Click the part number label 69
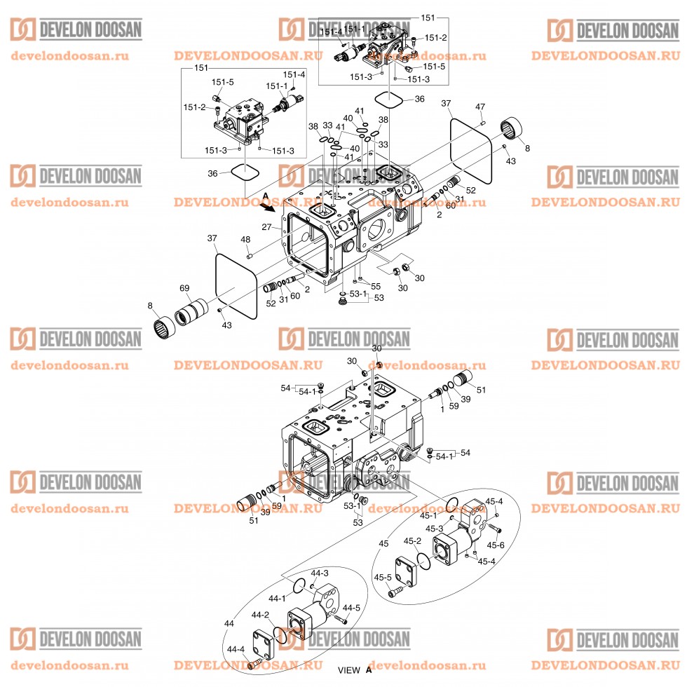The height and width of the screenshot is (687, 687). click(x=184, y=288)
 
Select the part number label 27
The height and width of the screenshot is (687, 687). click(x=266, y=227)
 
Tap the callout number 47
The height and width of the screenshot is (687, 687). click(x=480, y=107)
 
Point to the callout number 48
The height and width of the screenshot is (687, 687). click(x=245, y=240)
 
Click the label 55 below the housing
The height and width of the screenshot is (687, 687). click(x=376, y=286)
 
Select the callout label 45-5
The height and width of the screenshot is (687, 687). click(x=383, y=578)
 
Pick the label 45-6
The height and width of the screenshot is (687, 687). click(x=496, y=545)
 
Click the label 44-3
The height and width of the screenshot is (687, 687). click(x=320, y=573)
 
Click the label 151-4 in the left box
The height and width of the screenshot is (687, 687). click(x=294, y=74)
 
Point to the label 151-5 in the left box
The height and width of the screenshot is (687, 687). click(x=223, y=82)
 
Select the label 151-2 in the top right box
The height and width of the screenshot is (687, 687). click(x=435, y=38)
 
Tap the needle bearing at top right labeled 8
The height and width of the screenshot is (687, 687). click(x=516, y=130)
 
